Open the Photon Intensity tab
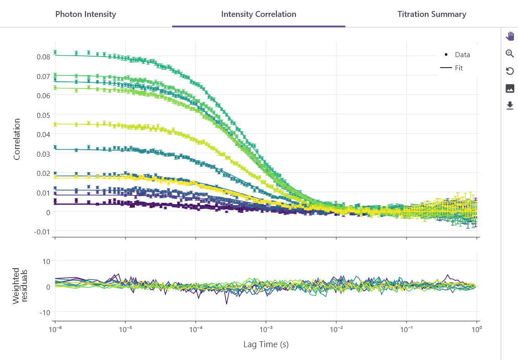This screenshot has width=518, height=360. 85,14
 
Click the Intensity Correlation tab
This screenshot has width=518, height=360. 259,14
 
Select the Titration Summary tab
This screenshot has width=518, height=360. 432,14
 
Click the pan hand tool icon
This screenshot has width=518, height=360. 510,36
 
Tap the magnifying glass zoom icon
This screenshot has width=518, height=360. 510,53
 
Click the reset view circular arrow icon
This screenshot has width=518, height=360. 510,71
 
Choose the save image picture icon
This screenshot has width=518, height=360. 510,89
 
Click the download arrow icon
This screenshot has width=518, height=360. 510,106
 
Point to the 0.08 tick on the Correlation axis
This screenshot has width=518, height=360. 43,57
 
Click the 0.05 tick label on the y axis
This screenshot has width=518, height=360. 43,115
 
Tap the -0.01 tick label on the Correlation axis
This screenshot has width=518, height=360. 42,232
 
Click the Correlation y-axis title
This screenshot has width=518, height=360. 17,139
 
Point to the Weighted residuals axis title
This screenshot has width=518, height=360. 20,286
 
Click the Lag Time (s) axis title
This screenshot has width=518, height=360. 266,344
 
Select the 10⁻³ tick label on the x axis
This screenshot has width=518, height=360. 265,329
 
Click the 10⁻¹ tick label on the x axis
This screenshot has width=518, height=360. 407,329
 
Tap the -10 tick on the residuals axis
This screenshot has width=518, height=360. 45,312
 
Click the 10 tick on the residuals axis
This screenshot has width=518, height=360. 47,262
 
